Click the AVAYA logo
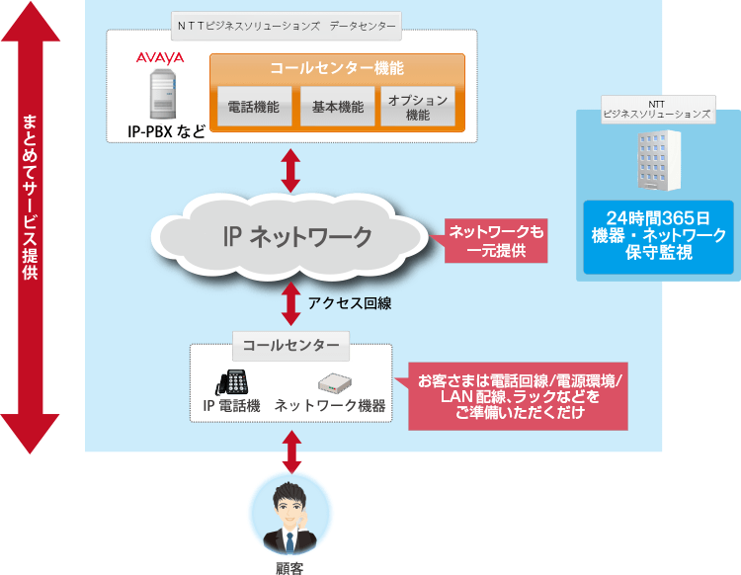[x=159, y=58]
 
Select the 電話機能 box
[x=253, y=107]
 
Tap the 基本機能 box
[x=336, y=107]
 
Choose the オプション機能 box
[x=418, y=107]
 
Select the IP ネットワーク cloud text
[x=296, y=236]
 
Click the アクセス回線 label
[x=349, y=304]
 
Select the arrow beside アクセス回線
[x=290, y=304]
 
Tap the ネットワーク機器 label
[x=330, y=406]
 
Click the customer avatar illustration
[x=291, y=514]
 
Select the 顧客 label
[x=290, y=567]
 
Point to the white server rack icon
[x=657, y=156]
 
